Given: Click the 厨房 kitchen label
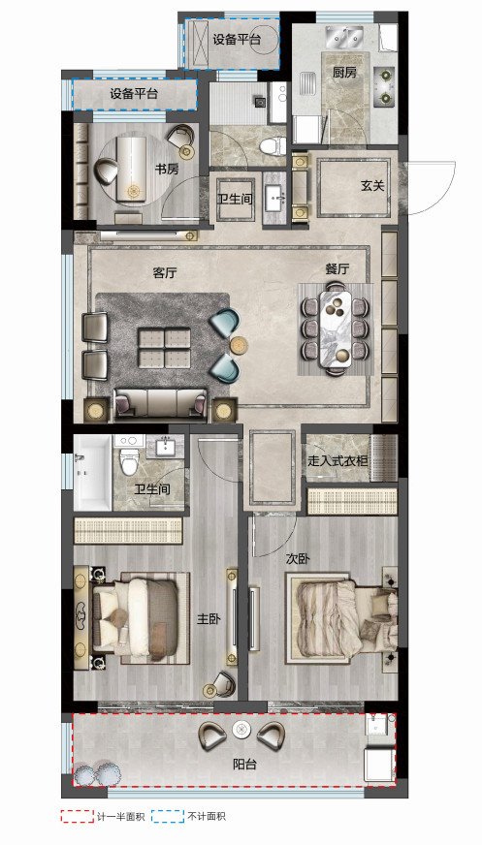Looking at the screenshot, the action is (344, 73).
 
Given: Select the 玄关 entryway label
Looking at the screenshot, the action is (372, 186).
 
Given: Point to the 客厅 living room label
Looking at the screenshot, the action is (165, 272).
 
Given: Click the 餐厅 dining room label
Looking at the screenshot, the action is (337, 269).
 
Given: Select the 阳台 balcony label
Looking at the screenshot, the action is (244, 764).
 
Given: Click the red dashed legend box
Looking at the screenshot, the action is (77, 815).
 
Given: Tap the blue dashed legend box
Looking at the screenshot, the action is (168, 815).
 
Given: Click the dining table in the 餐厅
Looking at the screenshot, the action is (337, 329).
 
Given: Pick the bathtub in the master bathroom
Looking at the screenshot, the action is (93, 473).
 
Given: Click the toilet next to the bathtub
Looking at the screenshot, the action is (129, 455).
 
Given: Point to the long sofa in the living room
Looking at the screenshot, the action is (161, 404).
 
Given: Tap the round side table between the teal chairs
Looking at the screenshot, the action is (239, 345).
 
